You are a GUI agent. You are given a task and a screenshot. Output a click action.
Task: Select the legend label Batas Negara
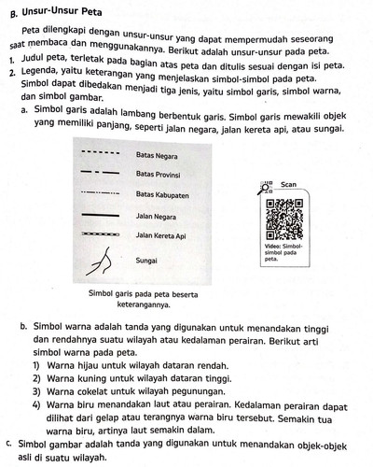[x=158, y=152]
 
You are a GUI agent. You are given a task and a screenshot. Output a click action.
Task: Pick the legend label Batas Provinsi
[x=160, y=174]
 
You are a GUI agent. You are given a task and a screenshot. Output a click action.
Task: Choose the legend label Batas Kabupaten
[x=164, y=194]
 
